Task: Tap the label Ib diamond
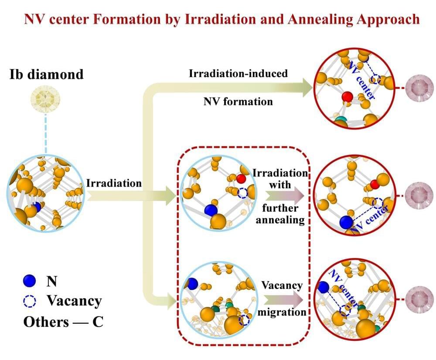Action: tap(47, 74)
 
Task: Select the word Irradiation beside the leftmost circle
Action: tap(114, 183)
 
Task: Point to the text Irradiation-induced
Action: tap(238, 73)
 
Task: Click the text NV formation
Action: tap(238, 101)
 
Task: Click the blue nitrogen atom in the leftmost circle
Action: tap(37, 207)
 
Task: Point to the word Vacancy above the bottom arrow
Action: tap(282, 285)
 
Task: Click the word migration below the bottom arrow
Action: tap(282, 312)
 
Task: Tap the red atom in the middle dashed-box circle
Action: tap(242, 178)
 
